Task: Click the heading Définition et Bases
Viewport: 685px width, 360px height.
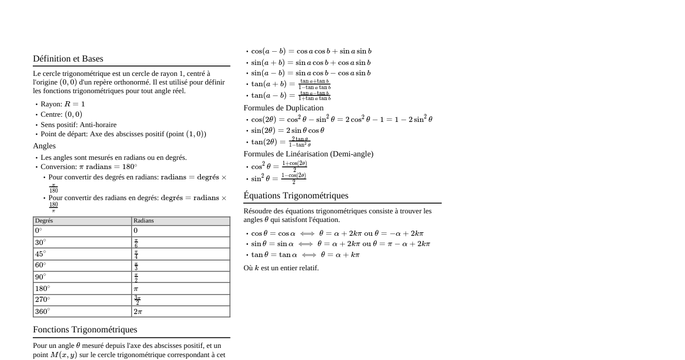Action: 68,59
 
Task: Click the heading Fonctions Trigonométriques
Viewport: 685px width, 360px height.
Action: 85,330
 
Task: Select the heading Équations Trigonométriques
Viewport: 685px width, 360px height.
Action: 296,196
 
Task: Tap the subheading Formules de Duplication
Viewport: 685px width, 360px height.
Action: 284,108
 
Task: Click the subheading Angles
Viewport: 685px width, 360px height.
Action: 44,146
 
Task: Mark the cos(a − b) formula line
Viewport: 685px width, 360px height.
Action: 311,51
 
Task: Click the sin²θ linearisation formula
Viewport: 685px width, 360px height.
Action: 278,178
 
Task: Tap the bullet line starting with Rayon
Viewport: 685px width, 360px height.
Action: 63,104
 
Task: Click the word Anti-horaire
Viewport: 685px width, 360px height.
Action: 98,125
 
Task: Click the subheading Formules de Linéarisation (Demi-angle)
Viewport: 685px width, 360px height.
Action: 308,154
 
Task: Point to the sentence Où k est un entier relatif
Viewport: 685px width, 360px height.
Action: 281,268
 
